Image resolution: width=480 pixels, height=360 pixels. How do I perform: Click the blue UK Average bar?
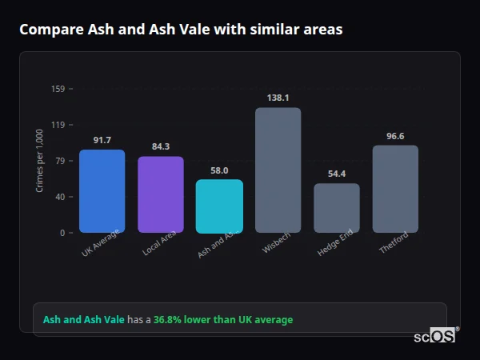tap(102, 191)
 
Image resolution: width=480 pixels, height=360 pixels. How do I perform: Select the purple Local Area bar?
tap(160, 194)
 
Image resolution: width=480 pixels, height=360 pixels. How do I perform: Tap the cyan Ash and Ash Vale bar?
tap(219, 206)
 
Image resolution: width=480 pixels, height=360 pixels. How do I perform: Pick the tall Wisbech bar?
tap(278, 170)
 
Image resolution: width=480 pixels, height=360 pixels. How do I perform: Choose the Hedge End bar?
tap(336, 208)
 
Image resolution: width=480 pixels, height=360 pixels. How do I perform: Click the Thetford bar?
tap(395, 189)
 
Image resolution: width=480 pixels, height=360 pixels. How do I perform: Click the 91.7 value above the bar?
tap(102, 140)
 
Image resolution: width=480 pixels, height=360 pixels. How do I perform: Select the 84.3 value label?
tap(160, 146)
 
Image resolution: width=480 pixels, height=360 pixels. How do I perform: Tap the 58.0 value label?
tap(219, 170)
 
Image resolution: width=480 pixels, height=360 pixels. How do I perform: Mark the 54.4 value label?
tap(336, 174)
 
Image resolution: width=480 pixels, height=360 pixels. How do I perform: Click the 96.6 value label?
tap(395, 136)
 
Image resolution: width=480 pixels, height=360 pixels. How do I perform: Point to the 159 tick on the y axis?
tap(58, 89)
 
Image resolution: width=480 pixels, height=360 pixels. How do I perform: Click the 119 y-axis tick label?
tap(58, 125)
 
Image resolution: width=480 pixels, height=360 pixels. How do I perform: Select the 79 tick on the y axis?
tap(60, 161)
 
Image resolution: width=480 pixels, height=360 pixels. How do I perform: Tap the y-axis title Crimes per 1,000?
tap(40, 161)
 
